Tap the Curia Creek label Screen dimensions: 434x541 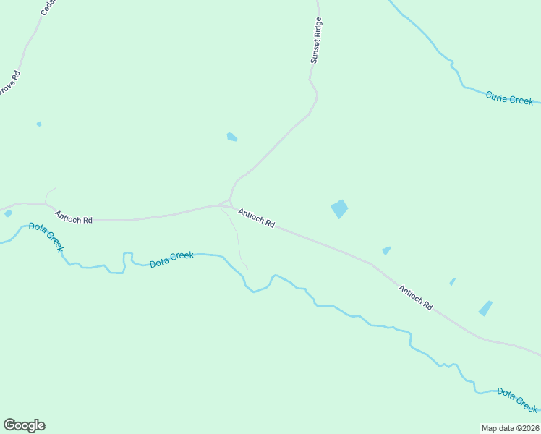[509, 98]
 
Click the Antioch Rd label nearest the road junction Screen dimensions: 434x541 [256, 218]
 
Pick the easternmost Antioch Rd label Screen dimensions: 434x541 [415, 297]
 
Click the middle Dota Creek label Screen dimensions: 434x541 [171, 259]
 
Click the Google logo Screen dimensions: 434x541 [24, 425]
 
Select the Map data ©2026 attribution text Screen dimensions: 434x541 [510, 428]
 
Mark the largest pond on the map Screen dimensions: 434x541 [339, 209]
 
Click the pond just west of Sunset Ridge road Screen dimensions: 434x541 [231, 137]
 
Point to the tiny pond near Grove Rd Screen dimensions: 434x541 [39, 124]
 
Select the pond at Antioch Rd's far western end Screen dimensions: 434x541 [8, 213]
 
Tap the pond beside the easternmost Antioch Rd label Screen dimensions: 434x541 [485, 308]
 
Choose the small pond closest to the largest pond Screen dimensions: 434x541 [386, 250]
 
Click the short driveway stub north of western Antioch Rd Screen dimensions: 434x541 [48, 195]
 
